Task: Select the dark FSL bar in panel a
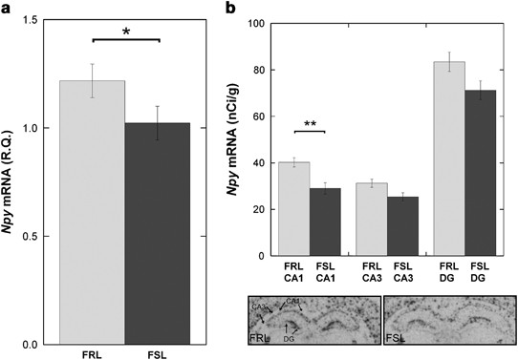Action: (x=158, y=233)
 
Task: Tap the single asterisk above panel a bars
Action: (x=125, y=32)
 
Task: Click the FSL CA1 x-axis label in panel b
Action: (x=325, y=272)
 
